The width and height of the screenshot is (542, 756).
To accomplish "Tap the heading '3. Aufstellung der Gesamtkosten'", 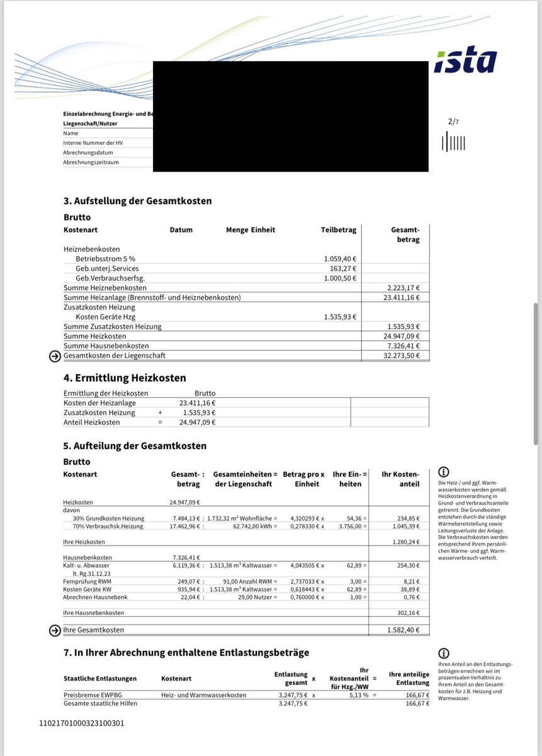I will point(137,201).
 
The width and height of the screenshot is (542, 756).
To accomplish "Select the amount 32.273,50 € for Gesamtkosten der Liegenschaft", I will point(403,356).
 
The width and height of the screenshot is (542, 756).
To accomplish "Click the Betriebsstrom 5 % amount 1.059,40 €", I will point(340,259).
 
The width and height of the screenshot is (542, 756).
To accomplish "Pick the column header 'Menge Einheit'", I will point(251,230).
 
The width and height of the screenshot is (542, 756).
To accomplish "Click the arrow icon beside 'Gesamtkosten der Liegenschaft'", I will point(55,356).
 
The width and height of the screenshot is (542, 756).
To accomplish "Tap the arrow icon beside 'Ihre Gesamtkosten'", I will point(55,629).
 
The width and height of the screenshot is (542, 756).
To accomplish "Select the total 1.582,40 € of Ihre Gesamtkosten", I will point(404,629).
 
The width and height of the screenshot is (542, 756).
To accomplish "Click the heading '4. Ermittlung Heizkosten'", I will point(125,378).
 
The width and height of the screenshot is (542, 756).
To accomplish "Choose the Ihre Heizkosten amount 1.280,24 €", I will point(404,541).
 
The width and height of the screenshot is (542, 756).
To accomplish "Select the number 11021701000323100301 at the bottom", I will point(82,723).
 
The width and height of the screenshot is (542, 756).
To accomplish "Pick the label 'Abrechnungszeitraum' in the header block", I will point(91,162).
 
